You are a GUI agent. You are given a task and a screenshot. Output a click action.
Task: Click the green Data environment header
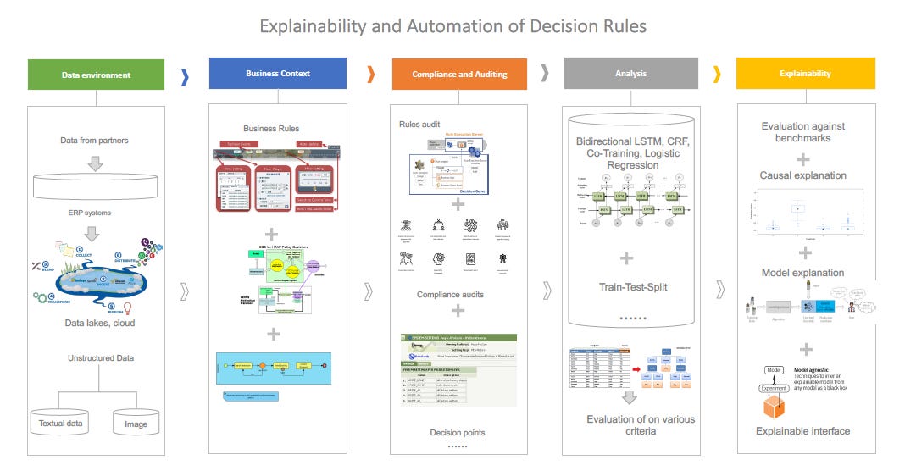click(x=96, y=75)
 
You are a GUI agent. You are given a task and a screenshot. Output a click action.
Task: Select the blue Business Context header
click(x=278, y=74)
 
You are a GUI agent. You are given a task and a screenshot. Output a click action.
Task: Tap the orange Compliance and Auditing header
click(x=459, y=75)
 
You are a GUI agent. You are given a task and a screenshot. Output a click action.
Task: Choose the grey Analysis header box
click(x=630, y=74)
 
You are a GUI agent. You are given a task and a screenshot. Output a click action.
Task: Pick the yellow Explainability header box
click(x=805, y=74)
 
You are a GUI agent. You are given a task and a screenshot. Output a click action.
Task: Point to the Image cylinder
click(x=136, y=423)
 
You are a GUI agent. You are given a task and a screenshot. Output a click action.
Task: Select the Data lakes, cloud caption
click(x=100, y=323)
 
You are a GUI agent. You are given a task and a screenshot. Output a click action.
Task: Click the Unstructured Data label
click(x=101, y=358)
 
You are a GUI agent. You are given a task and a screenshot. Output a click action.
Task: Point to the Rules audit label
click(x=420, y=125)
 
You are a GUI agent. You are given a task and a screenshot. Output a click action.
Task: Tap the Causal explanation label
click(x=802, y=175)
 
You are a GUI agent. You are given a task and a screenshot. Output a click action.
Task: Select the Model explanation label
click(x=802, y=273)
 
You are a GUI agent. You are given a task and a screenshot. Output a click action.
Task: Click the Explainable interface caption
click(x=803, y=431)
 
